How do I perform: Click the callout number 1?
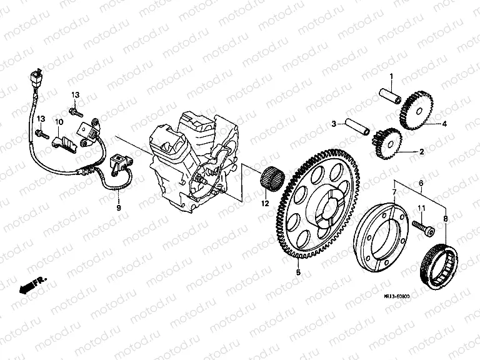click(x=391, y=77)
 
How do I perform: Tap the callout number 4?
click(x=446, y=124)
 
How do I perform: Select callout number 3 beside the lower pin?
click(x=334, y=124)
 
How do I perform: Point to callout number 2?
click(x=422, y=151)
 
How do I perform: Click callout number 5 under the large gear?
click(x=298, y=272)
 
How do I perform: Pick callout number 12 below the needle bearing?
click(x=421, y=182)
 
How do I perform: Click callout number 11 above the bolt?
click(x=421, y=207)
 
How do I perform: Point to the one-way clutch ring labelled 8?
click(x=441, y=263)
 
